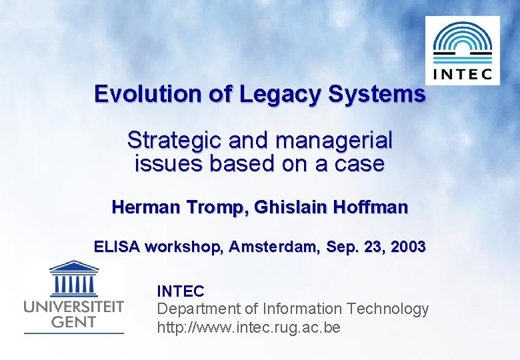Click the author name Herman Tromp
coord(177,207)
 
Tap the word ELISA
coord(117,247)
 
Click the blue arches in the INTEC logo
coord(462,39)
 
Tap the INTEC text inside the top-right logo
coord(462,72)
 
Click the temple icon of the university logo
coord(74,279)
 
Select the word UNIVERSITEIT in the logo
coord(74,307)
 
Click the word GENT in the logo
coord(74,321)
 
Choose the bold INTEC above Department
coord(180,291)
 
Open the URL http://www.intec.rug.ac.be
coord(248,328)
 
